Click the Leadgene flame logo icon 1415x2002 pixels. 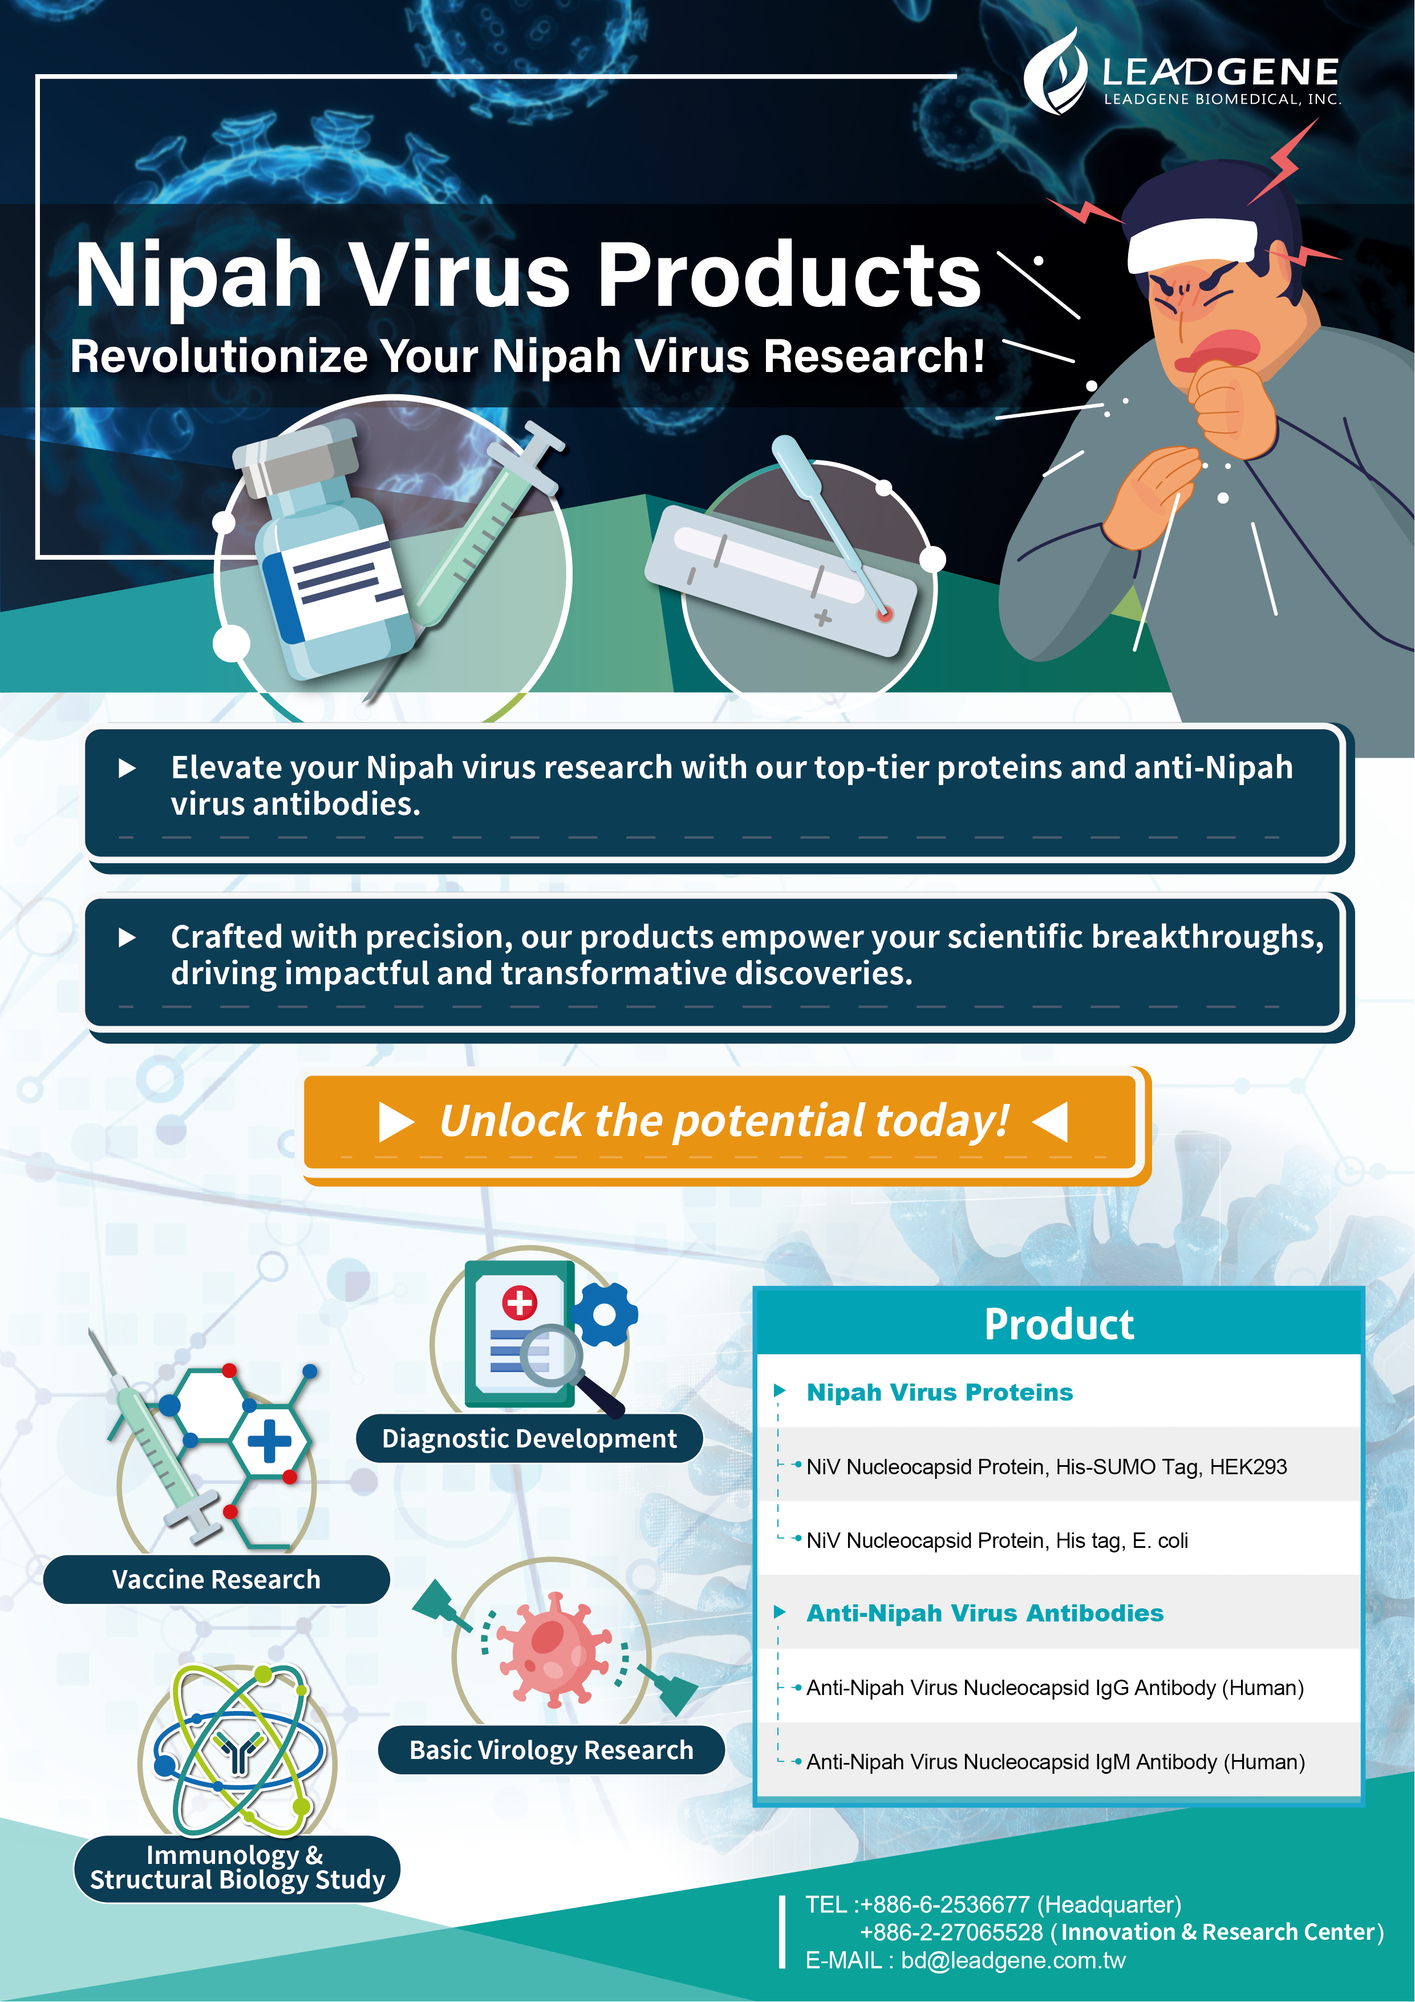click(1055, 71)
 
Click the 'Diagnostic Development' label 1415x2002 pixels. click(529, 1438)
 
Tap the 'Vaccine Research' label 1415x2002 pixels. click(216, 1579)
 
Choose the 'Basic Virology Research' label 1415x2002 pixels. click(551, 1749)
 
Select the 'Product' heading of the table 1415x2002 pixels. click(1059, 1325)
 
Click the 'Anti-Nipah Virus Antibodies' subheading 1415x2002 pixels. click(985, 1613)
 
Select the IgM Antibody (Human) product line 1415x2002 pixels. click(1056, 1762)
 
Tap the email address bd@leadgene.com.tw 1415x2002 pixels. click(1013, 1961)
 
